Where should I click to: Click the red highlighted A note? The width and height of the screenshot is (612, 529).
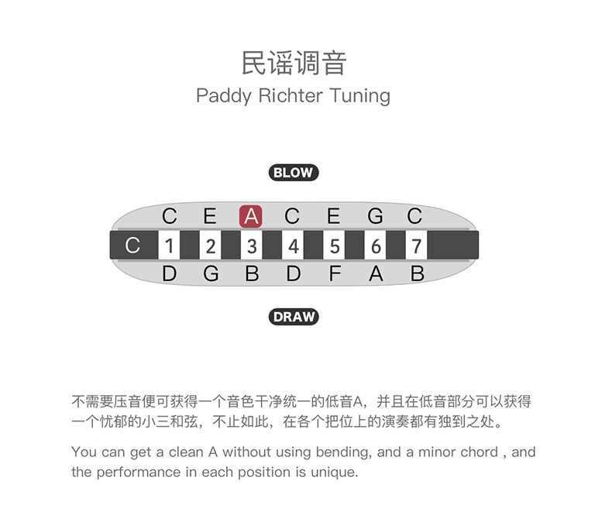pos(251,216)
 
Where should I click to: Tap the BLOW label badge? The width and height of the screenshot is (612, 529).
pos(294,173)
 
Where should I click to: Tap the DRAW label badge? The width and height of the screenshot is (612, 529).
pos(294,316)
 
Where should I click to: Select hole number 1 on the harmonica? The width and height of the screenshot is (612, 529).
pos(170,246)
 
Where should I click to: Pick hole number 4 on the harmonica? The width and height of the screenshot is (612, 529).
pos(293,246)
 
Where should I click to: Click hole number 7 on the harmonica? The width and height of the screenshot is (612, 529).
pos(416,246)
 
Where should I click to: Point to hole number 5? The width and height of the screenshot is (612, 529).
pos(334,246)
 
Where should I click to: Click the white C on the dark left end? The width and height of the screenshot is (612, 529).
pos(133,246)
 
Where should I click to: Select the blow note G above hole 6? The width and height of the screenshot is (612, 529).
pos(375,216)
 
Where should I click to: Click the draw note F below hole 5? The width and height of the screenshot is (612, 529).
pos(334,273)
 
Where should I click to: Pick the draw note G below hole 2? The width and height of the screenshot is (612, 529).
pos(211,273)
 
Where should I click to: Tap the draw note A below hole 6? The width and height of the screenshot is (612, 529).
pos(376,273)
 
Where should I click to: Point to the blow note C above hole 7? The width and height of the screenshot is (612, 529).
pos(415,216)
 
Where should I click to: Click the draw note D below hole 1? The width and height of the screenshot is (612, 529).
pos(170,273)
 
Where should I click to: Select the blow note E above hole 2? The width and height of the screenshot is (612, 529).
pos(210,216)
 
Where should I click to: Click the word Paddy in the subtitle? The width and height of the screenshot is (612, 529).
pos(219,96)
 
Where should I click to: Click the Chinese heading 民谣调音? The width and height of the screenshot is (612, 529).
pos(293,63)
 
